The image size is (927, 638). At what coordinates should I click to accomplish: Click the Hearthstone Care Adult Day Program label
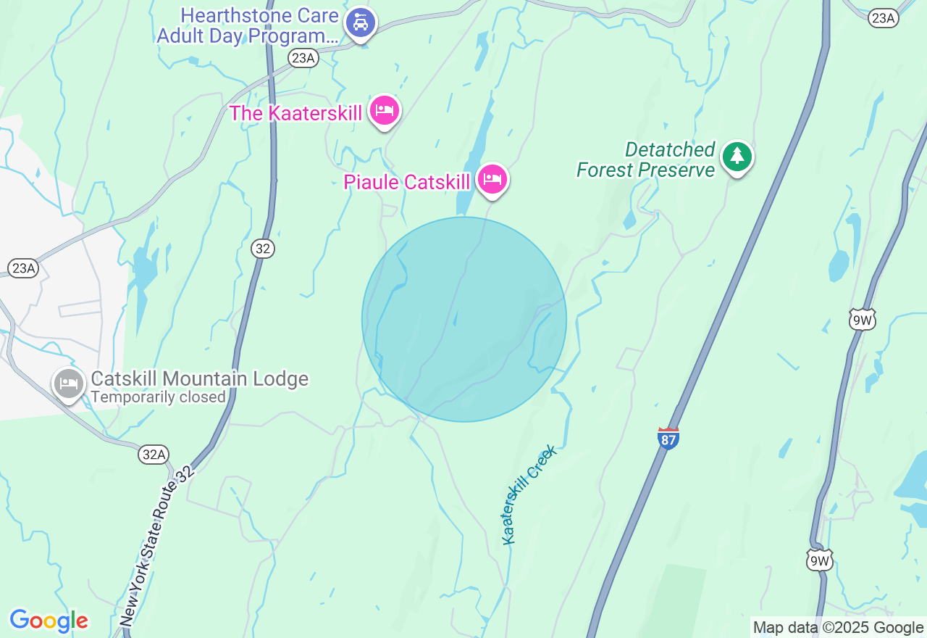pyautogui.click(x=248, y=26)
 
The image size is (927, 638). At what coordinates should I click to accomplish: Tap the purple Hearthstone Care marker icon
pyautogui.click(x=360, y=23)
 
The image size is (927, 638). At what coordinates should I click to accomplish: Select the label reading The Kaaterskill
pyautogui.click(x=295, y=113)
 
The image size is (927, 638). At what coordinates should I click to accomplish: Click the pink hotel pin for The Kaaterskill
pyautogui.click(x=385, y=111)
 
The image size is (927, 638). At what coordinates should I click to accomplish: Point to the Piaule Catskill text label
pyautogui.click(x=407, y=182)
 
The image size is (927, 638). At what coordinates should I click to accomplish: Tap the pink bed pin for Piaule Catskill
pyautogui.click(x=493, y=179)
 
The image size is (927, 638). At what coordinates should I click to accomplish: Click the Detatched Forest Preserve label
pyautogui.click(x=646, y=159)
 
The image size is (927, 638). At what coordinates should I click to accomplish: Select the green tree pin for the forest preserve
pyautogui.click(x=737, y=156)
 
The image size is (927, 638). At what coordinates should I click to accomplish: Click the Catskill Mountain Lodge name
pyautogui.click(x=200, y=378)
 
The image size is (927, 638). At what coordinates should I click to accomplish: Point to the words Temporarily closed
pyautogui.click(x=158, y=397)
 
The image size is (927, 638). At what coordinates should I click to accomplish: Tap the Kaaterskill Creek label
pyautogui.click(x=530, y=495)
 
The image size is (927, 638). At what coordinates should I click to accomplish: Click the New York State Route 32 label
pyautogui.click(x=156, y=546)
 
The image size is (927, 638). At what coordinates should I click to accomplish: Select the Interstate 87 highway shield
pyautogui.click(x=668, y=439)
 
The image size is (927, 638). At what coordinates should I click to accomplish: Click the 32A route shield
pyautogui.click(x=154, y=455)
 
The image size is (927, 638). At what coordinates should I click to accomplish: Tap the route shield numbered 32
pyautogui.click(x=263, y=249)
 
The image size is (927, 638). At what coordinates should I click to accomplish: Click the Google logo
pyautogui.click(x=49, y=621)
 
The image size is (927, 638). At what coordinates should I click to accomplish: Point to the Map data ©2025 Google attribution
pyautogui.click(x=838, y=628)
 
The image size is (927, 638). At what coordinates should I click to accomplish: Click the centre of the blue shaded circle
pyautogui.click(x=464, y=320)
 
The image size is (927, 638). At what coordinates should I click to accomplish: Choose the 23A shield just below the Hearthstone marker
pyautogui.click(x=303, y=59)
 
